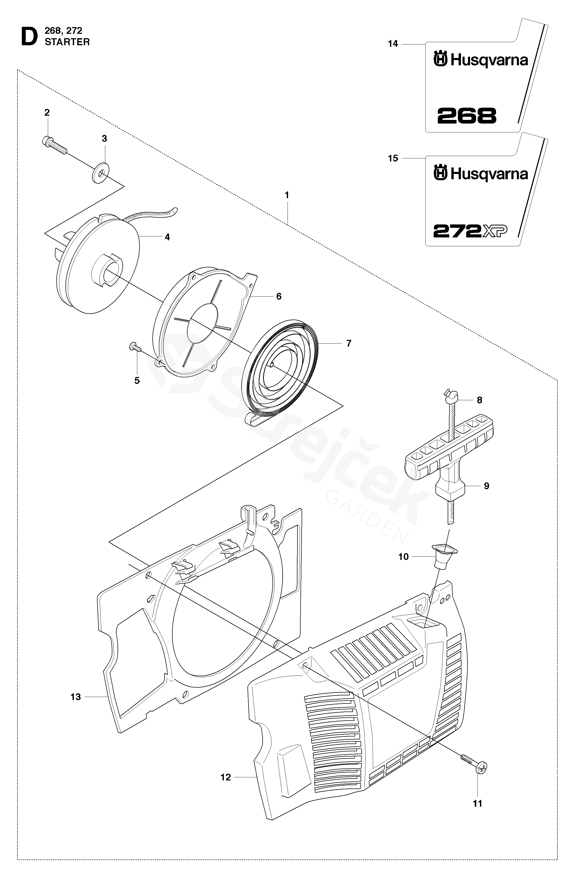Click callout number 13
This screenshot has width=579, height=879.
[x=76, y=697]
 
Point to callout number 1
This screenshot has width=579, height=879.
[x=287, y=195]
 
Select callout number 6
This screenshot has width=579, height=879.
[x=279, y=296]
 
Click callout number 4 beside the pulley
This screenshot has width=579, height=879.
[x=167, y=237]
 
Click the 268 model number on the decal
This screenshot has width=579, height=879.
[x=467, y=116]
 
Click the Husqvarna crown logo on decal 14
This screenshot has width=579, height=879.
[x=440, y=60]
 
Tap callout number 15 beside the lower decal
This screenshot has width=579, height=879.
[x=393, y=158]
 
